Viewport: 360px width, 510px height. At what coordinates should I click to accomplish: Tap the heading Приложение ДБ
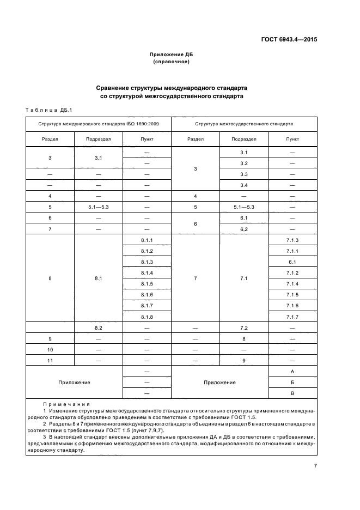click(171, 56)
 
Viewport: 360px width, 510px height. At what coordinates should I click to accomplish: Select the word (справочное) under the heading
click(171, 62)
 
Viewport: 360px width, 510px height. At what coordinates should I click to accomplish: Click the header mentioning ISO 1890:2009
click(98, 124)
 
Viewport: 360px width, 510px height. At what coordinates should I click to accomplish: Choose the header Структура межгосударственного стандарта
click(243, 124)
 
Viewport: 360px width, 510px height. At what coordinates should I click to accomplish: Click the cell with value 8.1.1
click(147, 240)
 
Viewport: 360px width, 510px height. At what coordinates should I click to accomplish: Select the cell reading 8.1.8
click(147, 317)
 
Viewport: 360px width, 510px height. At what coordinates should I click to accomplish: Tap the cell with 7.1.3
click(292, 240)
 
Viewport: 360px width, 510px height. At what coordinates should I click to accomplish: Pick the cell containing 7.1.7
click(292, 317)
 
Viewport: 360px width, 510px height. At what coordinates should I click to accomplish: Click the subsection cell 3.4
click(243, 185)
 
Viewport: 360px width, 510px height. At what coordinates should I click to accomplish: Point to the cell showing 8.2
click(99, 328)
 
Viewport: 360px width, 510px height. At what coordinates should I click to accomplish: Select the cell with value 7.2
click(243, 328)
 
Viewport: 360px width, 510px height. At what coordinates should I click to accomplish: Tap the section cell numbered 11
click(50, 360)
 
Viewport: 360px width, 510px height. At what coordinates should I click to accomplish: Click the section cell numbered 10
click(50, 349)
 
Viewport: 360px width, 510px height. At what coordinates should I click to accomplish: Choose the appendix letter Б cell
click(292, 382)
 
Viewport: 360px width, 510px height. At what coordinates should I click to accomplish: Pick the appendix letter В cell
click(292, 393)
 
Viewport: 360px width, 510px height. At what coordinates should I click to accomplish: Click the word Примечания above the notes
click(66, 404)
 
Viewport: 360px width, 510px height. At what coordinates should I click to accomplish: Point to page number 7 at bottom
click(315, 465)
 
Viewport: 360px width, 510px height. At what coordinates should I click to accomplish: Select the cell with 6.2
click(243, 229)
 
